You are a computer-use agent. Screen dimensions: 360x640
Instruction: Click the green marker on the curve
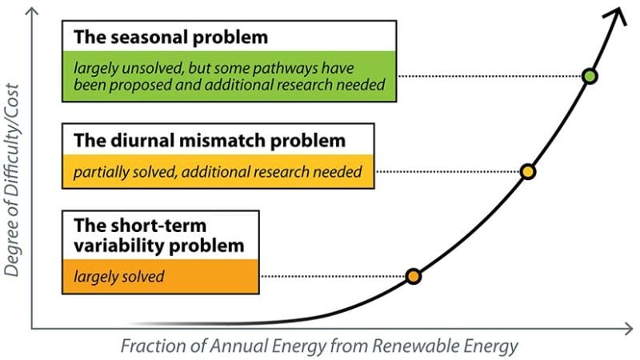590,77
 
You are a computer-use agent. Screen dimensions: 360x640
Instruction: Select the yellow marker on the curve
527,171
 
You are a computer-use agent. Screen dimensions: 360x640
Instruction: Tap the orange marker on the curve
413,277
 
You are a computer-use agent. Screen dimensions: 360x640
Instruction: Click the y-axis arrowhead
33,10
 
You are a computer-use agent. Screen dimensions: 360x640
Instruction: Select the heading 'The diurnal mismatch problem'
210,140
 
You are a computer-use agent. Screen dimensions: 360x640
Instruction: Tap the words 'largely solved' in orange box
118,277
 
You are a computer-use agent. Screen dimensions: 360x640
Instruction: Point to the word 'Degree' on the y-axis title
13,253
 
